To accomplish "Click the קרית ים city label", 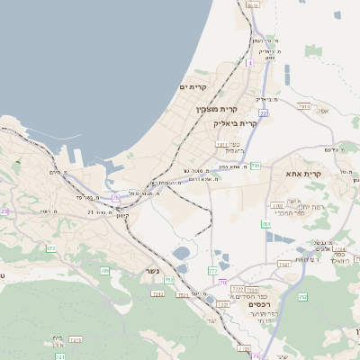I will (x=193, y=87).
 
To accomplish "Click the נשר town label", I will (x=153, y=271).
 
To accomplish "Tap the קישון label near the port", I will (x=122, y=215).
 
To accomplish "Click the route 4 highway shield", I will (x=249, y=64).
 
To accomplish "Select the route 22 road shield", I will (x=264, y=113).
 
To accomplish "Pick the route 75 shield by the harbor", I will (x=115, y=197).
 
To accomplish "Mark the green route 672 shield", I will (x=50, y=248).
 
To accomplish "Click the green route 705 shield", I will (x=104, y=270).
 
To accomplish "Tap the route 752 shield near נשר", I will (x=168, y=281).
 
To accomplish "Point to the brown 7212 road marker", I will (x=158, y=293).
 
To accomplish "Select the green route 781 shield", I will (x=255, y=166).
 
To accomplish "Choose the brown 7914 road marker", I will (x=303, y=106).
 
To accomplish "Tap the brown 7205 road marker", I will (x=76, y=339).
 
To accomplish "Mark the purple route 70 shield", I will (x=221, y=283).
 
